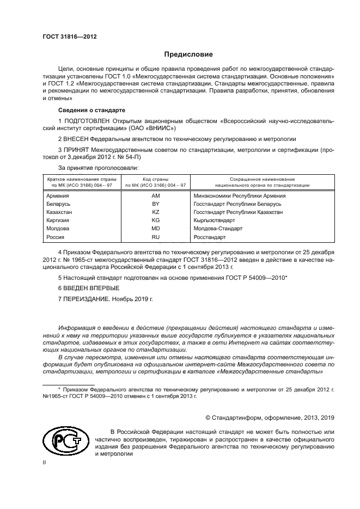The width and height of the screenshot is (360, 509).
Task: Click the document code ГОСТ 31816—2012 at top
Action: (66, 36)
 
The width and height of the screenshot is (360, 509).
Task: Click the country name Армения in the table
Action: (57, 195)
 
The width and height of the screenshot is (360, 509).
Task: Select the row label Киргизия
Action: (58, 220)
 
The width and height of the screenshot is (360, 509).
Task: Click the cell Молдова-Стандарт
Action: (218, 229)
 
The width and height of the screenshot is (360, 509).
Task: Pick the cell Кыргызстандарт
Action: (214, 220)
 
